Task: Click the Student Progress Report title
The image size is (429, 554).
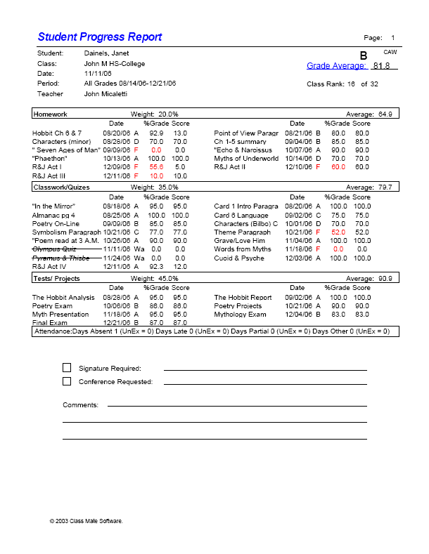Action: [100, 37]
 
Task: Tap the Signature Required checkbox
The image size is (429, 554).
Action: [67, 368]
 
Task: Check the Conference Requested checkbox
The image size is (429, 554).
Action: [67, 381]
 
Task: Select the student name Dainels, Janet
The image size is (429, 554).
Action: [106, 53]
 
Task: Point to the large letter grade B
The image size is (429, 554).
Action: [364, 55]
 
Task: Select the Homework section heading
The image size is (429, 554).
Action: [51, 114]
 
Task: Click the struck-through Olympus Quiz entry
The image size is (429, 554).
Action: [56, 249]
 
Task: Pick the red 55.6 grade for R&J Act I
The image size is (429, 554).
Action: [156, 167]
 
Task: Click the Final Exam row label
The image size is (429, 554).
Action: [50, 322]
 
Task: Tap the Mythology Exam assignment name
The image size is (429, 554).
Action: [240, 315]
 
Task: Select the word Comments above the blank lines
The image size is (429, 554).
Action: [79, 405]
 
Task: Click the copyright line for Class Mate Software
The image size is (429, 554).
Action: [86, 521]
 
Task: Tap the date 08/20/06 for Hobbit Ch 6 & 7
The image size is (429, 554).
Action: [117, 133]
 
